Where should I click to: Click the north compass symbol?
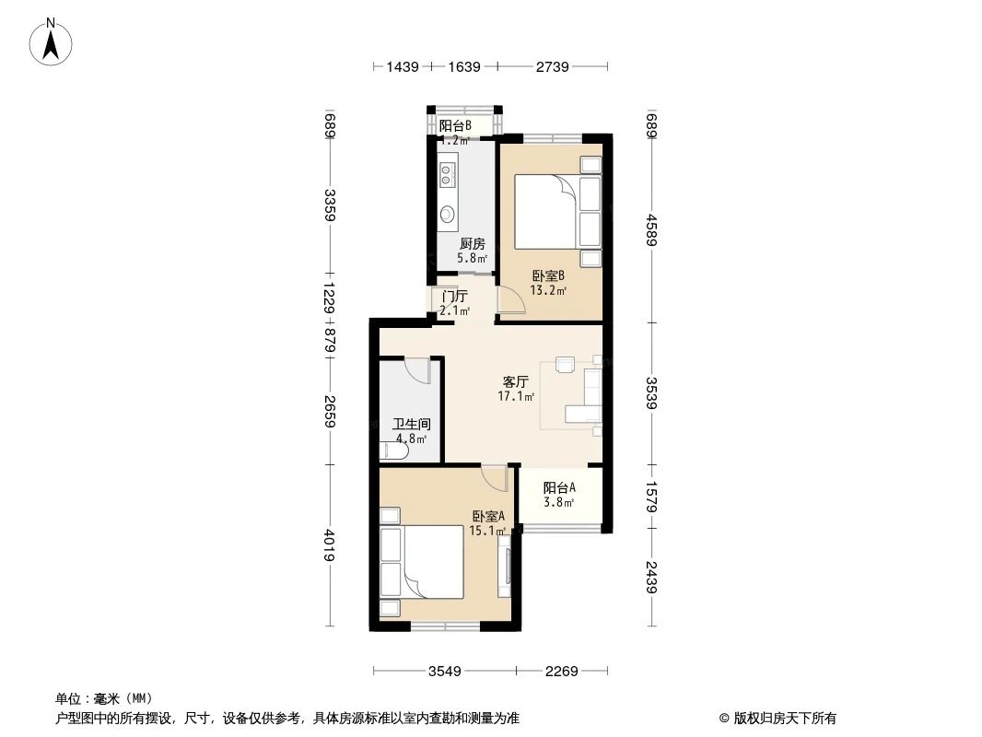click(53, 41)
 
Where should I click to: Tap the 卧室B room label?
click(547, 275)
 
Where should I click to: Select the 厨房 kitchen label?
click(473, 244)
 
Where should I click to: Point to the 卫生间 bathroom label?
click(411, 425)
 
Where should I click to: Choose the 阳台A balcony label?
click(559, 487)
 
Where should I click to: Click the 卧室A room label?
click(488, 516)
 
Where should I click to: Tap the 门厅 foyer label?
click(454, 297)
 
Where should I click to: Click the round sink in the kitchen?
click(447, 214)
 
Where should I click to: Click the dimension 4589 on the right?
click(651, 229)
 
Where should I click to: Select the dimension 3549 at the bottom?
click(445, 672)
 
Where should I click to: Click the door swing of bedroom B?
click(509, 302)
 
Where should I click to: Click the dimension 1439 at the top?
click(403, 66)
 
